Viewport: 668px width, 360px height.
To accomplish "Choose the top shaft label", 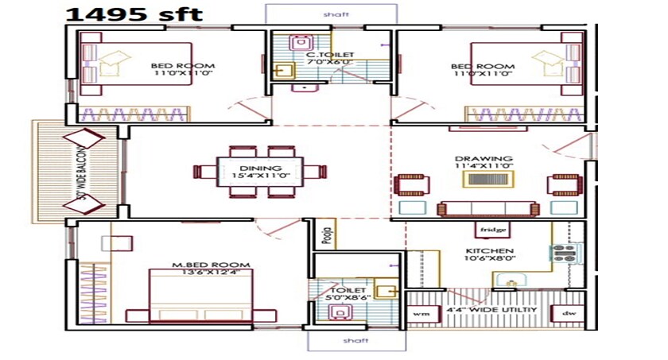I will (x=330, y=14).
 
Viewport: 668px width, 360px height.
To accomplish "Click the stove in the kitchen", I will (x=565, y=254).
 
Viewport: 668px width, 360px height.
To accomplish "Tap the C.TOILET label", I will (x=330, y=55).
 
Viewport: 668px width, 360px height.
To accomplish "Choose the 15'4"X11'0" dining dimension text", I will (x=260, y=175).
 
